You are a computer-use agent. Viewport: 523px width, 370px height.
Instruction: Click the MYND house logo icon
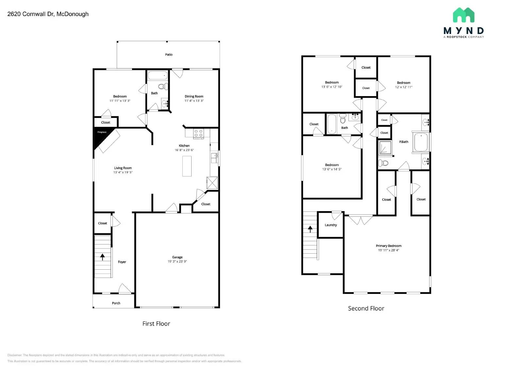(x=464, y=15)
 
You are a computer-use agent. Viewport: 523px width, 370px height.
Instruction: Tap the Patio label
(x=169, y=55)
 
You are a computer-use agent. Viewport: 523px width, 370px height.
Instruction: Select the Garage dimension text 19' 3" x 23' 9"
(x=177, y=261)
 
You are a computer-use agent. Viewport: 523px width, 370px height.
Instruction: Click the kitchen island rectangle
(x=187, y=166)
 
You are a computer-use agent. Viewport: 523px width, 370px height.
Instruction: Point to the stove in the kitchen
(x=198, y=133)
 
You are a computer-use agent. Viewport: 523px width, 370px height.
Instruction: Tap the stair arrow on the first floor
(x=103, y=257)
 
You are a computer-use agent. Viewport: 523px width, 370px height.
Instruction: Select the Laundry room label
(x=330, y=225)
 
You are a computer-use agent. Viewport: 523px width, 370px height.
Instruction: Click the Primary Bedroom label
(x=388, y=246)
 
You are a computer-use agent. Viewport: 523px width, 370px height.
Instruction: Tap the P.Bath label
(x=403, y=142)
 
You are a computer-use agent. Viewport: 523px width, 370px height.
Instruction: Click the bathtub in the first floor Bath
(x=158, y=76)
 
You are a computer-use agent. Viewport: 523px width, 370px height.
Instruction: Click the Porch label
(x=116, y=303)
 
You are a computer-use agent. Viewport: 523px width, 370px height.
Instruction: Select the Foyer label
(x=122, y=262)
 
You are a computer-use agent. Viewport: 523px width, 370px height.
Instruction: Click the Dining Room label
(x=194, y=96)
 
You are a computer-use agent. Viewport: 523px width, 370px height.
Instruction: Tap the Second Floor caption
(x=366, y=308)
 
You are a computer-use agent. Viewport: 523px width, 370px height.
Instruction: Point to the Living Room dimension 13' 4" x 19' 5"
(x=123, y=172)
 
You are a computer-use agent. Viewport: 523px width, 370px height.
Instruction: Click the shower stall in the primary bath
(x=385, y=148)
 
